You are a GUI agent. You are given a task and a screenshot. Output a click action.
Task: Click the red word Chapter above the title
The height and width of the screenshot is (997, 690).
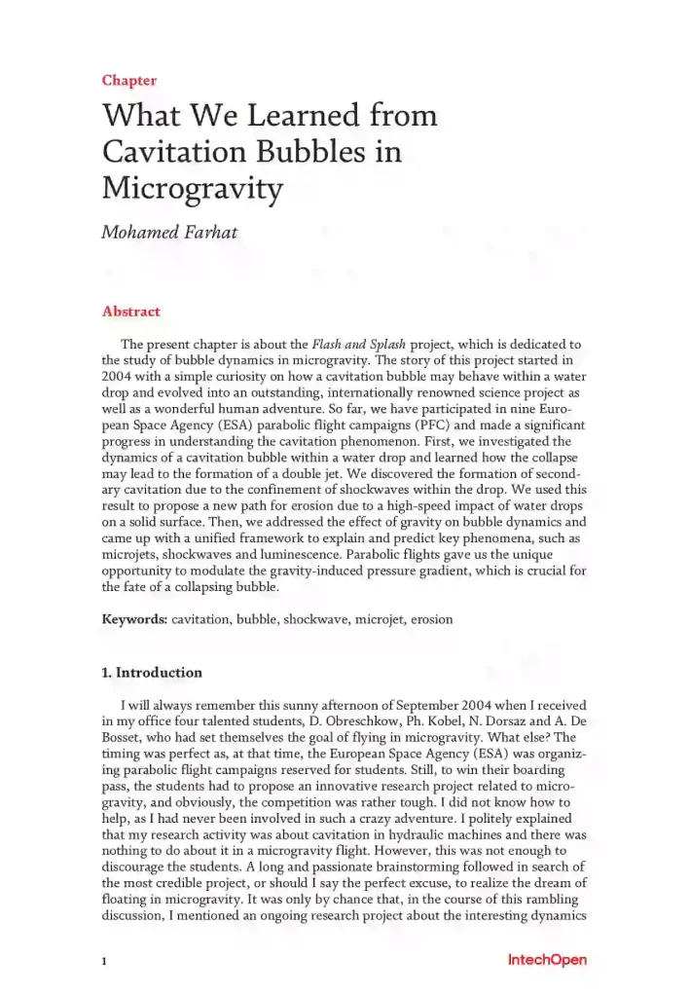point(128,81)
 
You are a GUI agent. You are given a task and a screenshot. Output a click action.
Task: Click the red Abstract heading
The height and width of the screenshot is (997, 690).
point(130,312)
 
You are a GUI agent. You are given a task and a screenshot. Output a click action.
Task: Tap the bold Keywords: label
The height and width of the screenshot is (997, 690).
point(134,619)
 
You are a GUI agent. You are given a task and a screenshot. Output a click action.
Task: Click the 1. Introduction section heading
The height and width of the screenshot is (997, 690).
point(152,673)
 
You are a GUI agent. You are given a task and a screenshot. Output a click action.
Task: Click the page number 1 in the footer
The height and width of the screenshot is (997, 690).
point(104,962)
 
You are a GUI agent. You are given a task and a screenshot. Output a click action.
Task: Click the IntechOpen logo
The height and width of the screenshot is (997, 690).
point(547,960)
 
